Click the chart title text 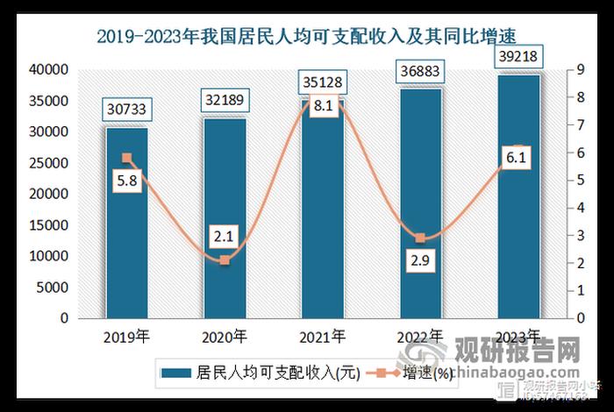(x=306, y=36)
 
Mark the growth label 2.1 (x=225, y=235)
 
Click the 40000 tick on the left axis (x=51, y=70)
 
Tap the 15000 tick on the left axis (x=51, y=225)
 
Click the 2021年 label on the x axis (x=322, y=335)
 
